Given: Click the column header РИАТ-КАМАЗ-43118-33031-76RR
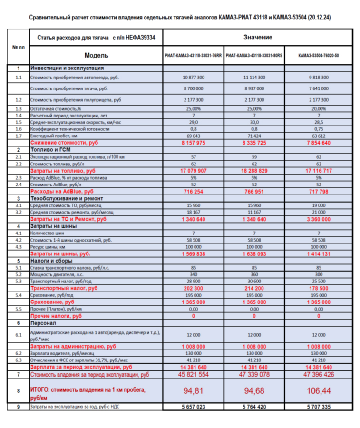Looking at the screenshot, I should [x=194, y=55].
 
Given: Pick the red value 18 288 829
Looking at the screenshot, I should [x=254, y=170].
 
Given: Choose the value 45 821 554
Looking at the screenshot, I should [x=193, y=375].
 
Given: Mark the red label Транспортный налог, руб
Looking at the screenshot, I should [x=64, y=288].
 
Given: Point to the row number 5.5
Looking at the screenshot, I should [x=18, y=309].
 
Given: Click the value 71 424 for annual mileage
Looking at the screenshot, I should [x=254, y=136].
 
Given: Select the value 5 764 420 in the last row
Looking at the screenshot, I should [x=254, y=407].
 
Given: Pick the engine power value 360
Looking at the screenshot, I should [x=254, y=275].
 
